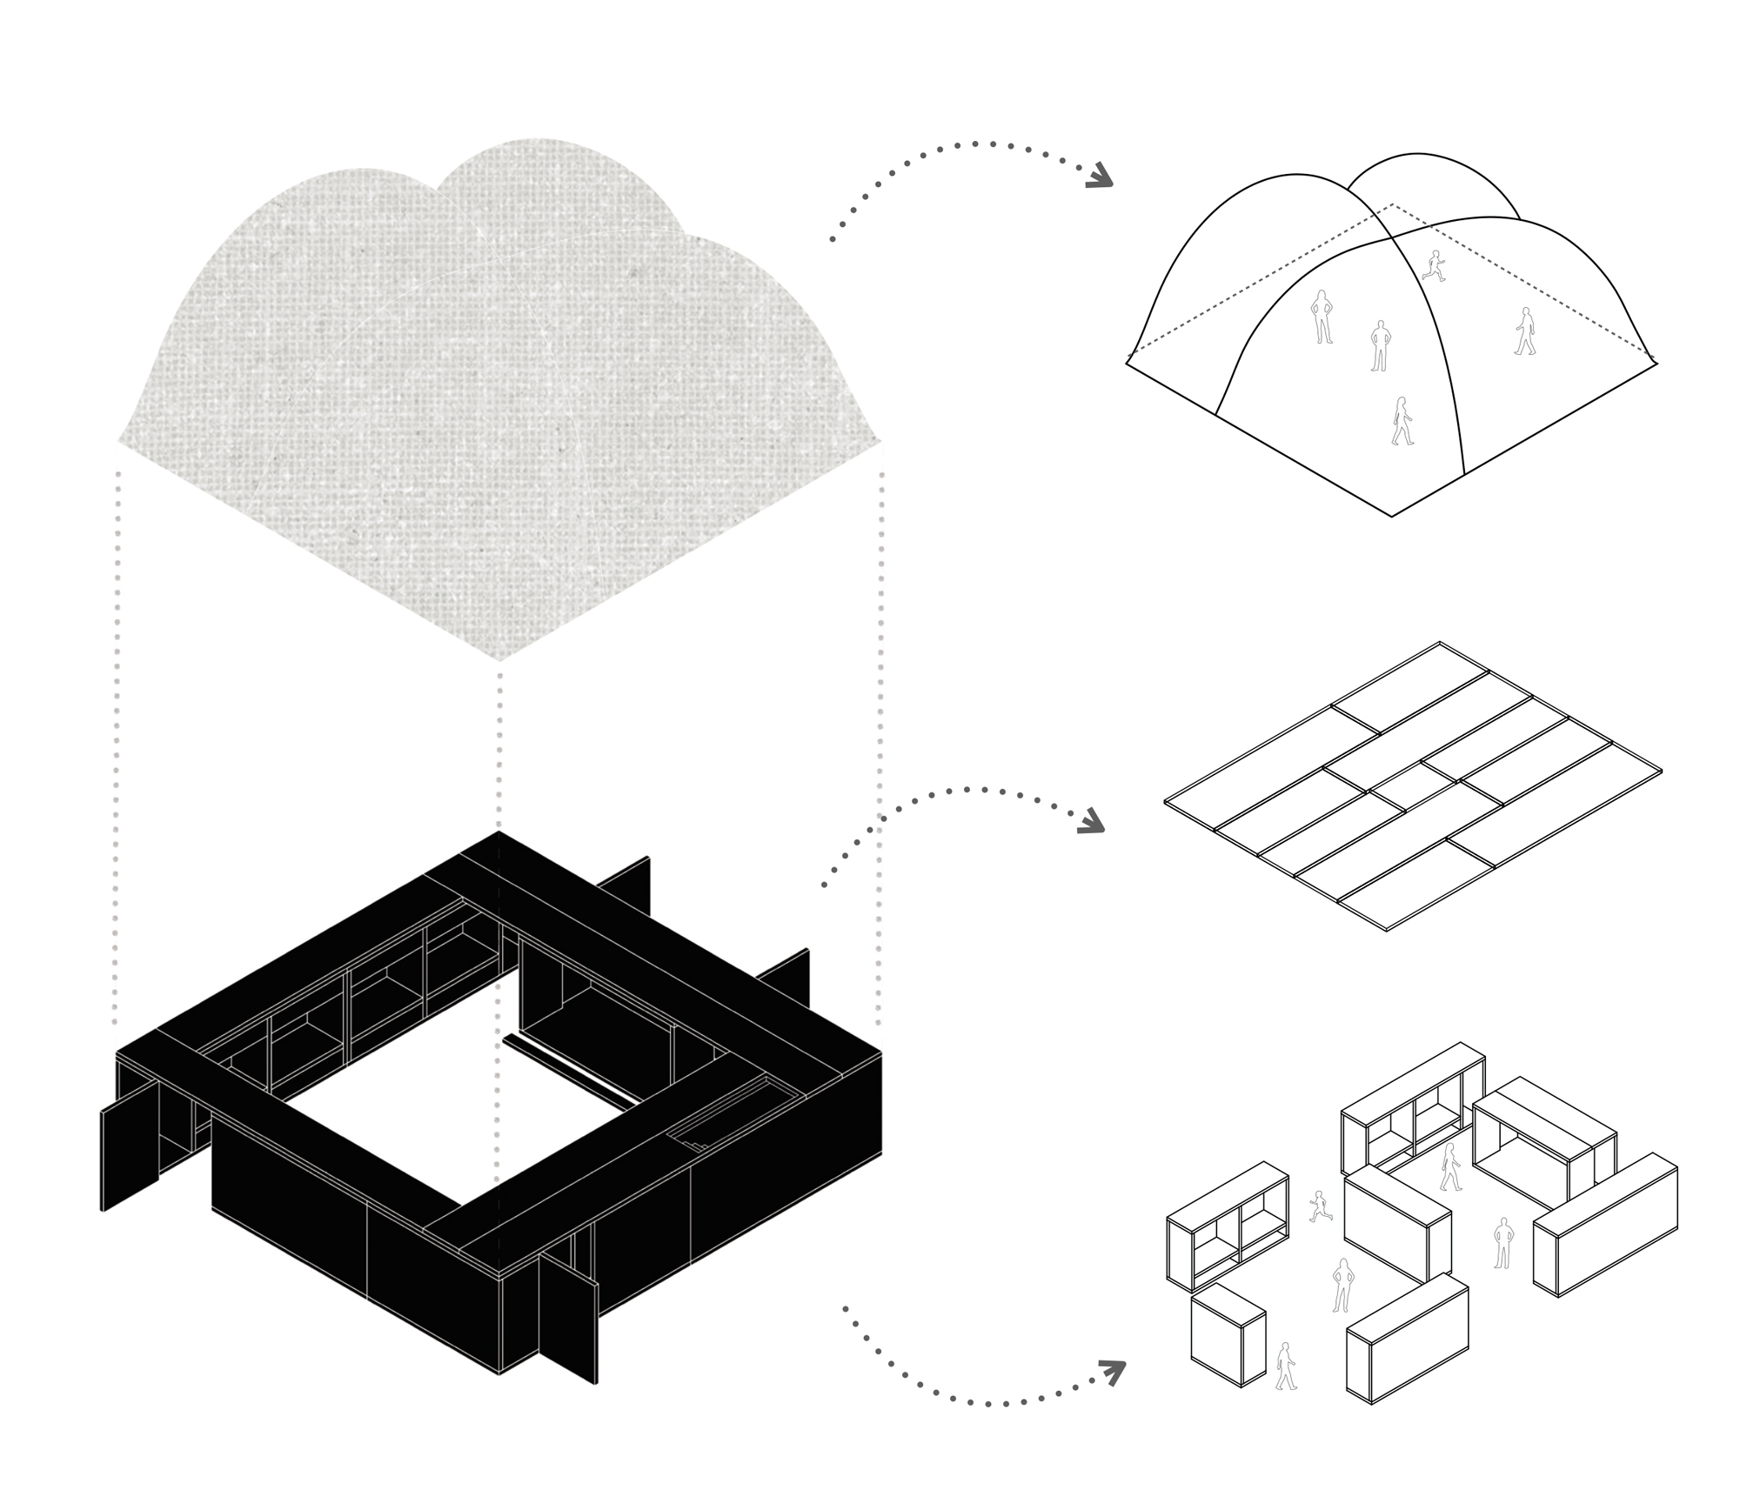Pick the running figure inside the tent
click(1433, 265)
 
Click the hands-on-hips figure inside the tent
click(1322, 317)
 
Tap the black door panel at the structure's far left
click(130, 1154)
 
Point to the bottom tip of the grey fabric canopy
click(499, 659)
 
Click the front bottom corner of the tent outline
click(1392, 516)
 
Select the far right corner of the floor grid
click(1661, 771)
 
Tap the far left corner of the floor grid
click(1166, 800)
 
